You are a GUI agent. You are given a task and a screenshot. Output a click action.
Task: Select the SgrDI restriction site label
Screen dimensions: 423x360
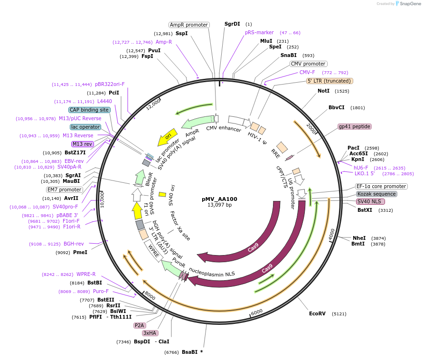(x=233, y=24)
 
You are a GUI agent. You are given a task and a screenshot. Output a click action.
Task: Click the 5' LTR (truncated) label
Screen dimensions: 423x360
(x=329, y=81)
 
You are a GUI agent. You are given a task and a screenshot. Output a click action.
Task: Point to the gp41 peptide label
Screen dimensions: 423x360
(x=354, y=127)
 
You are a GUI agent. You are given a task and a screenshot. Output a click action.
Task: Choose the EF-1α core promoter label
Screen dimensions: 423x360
(x=381, y=186)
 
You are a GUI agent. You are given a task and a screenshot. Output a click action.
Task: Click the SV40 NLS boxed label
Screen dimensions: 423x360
(x=370, y=201)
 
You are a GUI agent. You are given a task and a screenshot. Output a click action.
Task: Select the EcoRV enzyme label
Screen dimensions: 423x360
(x=318, y=314)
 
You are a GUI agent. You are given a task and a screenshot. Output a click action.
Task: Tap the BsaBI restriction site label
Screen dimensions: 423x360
(x=190, y=352)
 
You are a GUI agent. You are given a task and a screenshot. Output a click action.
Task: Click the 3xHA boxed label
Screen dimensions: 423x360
(x=150, y=333)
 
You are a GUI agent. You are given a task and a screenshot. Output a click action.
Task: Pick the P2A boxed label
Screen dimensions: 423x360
(x=140, y=325)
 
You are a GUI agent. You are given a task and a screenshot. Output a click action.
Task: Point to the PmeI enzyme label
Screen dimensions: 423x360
(x=80, y=252)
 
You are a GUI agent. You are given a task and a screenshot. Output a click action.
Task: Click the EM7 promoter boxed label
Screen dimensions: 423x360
(x=65, y=189)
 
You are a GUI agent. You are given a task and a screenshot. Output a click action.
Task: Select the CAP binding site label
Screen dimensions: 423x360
(x=89, y=110)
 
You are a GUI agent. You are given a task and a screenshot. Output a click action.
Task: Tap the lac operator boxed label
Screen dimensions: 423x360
(x=85, y=127)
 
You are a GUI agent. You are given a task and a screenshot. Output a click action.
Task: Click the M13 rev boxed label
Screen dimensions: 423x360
(x=83, y=144)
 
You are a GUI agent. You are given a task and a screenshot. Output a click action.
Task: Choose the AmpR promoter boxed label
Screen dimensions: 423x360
(x=189, y=25)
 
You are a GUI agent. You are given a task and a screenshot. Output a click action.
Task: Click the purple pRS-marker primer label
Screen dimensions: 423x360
(x=259, y=32)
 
